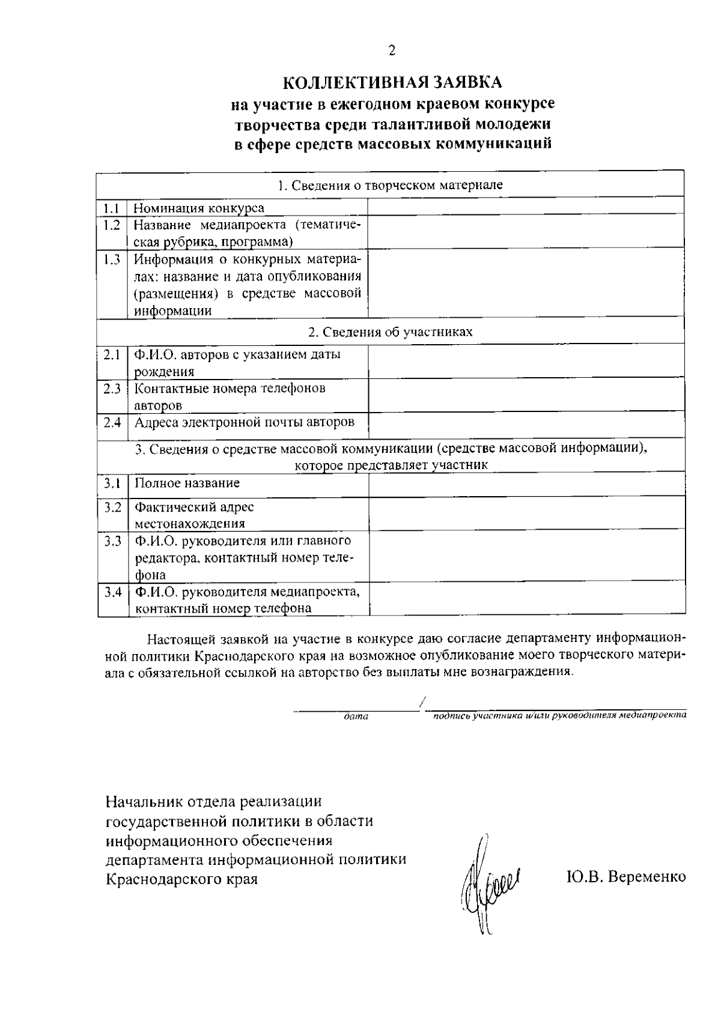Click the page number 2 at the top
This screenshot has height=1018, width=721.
(x=391, y=51)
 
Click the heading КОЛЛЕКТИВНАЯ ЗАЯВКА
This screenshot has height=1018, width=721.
(x=391, y=82)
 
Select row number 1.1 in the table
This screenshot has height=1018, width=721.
(x=111, y=208)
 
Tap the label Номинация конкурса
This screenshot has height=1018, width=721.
(x=199, y=208)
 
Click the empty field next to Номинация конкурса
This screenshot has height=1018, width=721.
(x=526, y=206)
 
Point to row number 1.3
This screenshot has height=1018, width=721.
(x=111, y=260)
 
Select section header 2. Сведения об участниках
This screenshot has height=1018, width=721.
(x=391, y=332)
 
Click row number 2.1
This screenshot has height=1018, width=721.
(x=112, y=355)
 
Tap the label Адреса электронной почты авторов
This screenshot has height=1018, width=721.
(x=244, y=422)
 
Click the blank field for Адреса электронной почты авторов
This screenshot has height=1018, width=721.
(x=526, y=426)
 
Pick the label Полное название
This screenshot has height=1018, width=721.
(x=187, y=483)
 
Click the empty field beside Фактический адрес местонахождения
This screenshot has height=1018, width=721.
(x=526, y=514)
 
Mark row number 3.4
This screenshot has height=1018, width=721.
(x=112, y=593)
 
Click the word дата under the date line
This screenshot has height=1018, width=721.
(x=356, y=717)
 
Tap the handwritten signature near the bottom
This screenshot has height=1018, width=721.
(x=486, y=882)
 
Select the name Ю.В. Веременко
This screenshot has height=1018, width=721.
(x=625, y=877)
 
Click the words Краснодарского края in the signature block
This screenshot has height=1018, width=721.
(x=181, y=879)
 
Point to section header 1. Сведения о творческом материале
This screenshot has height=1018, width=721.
(x=391, y=185)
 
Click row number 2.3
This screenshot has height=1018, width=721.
(x=112, y=389)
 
